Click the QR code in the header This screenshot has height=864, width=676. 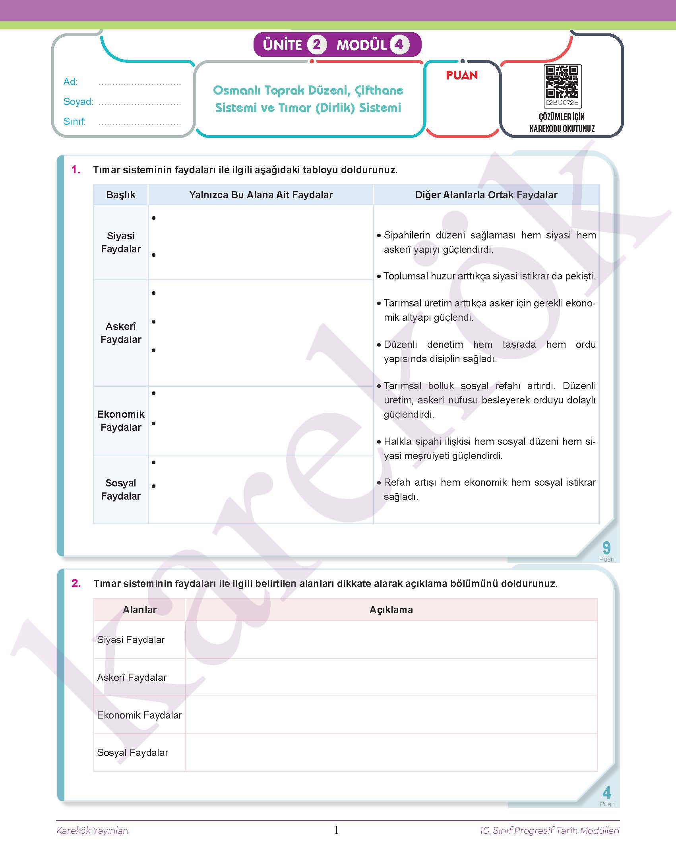[562, 82]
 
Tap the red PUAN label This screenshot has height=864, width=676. [462, 76]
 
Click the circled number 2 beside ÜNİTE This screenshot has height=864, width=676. [317, 45]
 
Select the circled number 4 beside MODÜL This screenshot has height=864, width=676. [399, 45]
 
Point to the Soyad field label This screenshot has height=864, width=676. [78, 102]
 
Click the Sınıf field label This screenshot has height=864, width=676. [74, 122]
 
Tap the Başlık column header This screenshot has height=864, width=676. [121, 195]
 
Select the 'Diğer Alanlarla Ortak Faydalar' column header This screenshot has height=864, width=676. [486, 195]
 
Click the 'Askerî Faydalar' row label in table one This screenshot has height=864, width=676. [121, 333]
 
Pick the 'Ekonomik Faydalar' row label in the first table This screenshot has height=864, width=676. [121, 421]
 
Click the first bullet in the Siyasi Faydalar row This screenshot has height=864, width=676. [154, 218]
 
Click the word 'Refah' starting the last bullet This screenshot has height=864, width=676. [396, 482]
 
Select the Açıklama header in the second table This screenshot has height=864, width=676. [391, 610]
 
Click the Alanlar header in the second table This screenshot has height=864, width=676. [139, 610]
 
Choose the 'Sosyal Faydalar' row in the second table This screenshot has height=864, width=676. [133, 753]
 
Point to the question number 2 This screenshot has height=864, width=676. [76, 583]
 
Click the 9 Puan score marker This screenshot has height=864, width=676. [606, 550]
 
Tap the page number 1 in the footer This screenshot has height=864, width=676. [337, 830]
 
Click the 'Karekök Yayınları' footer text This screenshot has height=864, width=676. [93, 831]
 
